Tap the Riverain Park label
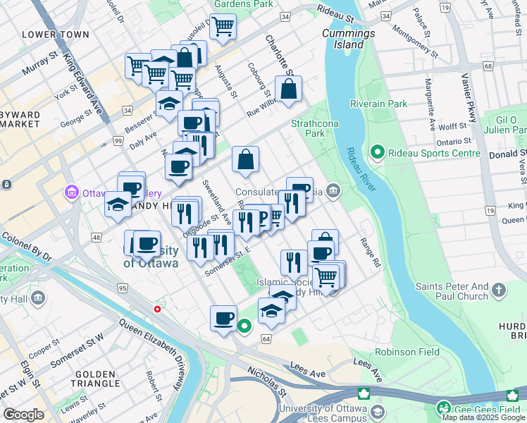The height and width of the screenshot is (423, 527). [x=387, y=104]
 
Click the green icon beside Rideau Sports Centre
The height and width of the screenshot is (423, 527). [x=377, y=152]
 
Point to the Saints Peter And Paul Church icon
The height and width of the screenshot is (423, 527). [x=499, y=290]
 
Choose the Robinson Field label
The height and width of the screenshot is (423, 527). [x=407, y=352]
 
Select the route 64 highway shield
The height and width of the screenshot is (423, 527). [x=266, y=339]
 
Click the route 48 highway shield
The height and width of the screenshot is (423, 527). [x=94, y=238]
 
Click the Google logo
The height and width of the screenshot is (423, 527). [x=23, y=415]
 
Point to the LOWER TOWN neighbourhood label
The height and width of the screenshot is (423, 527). [x=56, y=35]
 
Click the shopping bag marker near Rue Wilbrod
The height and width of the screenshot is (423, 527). [x=289, y=90]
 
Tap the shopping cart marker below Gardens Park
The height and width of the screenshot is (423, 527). [x=223, y=27]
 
